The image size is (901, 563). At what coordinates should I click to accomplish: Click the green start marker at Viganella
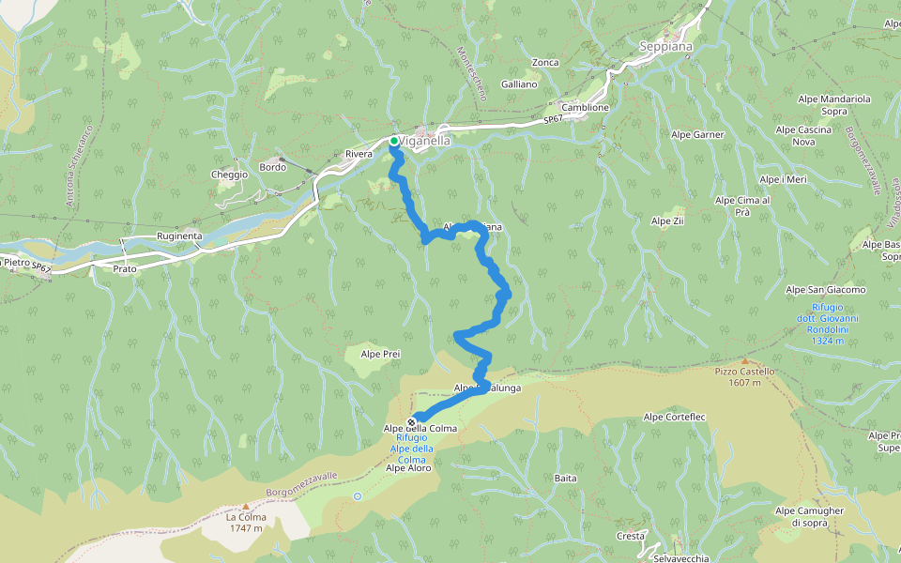[394, 141]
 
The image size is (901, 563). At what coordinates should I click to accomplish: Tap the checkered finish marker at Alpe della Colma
[412, 422]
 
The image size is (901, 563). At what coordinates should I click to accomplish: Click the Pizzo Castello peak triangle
[745, 360]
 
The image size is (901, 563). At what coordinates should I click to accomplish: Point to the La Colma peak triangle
[246, 506]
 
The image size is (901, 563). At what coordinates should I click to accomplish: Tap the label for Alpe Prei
[381, 354]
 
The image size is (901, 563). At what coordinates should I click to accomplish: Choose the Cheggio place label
[230, 175]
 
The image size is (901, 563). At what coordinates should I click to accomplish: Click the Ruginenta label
[179, 237]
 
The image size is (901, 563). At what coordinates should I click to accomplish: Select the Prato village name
[124, 269]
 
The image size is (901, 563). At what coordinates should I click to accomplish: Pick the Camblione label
[585, 108]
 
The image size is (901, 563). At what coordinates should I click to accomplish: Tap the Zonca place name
[544, 63]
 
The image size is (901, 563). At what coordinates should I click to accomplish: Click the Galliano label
[519, 84]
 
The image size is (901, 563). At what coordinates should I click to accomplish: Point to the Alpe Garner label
[697, 135]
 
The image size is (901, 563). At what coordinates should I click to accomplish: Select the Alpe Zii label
[666, 221]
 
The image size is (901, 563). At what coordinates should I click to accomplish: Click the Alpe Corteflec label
[674, 417]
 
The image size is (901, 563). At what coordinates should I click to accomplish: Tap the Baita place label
[565, 479]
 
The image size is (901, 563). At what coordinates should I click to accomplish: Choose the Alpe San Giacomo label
[825, 290]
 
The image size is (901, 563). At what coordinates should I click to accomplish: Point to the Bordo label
[272, 167]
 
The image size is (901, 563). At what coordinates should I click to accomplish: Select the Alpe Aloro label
[407, 468]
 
